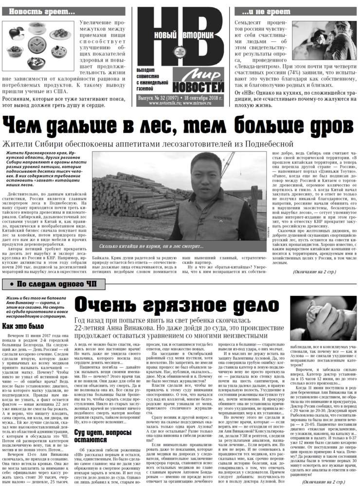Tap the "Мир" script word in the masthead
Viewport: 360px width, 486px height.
pyautogui.click(x=205, y=76)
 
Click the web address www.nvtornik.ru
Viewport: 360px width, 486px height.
pyautogui.click(x=165, y=103)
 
